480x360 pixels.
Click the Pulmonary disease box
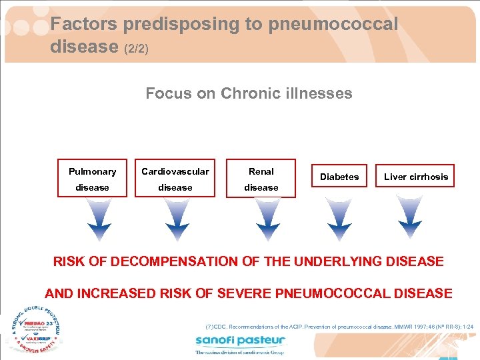pyautogui.click(x=92, y=179)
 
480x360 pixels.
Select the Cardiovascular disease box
pyautogui.click(x=175, y=179)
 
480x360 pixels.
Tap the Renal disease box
pyautogui.click(x=261, y=179)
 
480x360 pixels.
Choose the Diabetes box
pyautogui.click(x=339, y=177)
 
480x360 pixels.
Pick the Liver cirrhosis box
pyautogui.click(x=415, y=177)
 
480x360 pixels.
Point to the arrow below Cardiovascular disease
pyautogui.click(x=177, y=219)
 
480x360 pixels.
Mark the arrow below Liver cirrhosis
pyautogui.click(x=409, y=219)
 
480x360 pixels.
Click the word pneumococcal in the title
pyautogui.click(x=333, y=25)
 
